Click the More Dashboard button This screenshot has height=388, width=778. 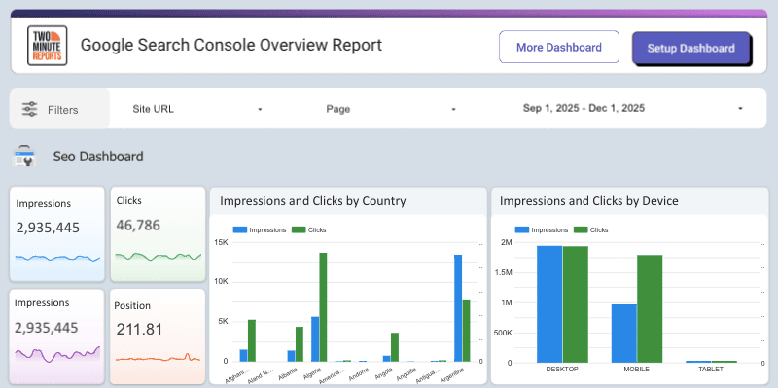(558, 48)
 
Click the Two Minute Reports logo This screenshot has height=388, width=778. (46, 46)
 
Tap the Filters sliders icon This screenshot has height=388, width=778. (30, 109)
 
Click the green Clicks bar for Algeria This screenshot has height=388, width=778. (323, 307)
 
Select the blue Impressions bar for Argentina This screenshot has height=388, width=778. (457, 308)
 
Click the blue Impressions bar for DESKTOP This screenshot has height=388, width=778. (549, 303)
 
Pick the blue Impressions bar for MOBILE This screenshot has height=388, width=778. (623, 333)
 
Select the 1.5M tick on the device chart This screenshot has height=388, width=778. (506, 273)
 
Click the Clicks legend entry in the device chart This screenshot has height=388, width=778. (592, 230)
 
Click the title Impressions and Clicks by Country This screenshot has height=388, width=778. (313, 201)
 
